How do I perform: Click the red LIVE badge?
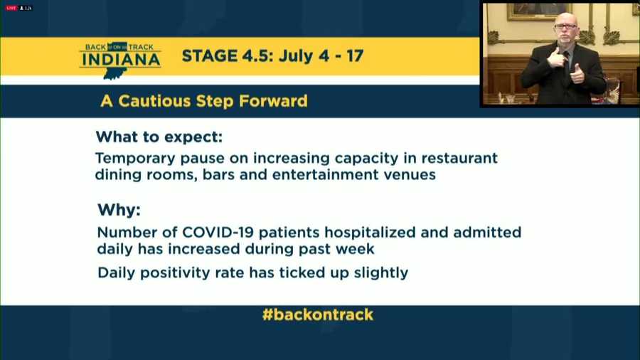tap(11, 8)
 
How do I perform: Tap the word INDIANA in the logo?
tap(121, 60)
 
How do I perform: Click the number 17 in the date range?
tap(355, 56)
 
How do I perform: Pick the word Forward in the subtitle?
tap(273, 101)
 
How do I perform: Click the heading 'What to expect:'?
tap(159, 137)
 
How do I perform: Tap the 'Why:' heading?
tap(119, 210)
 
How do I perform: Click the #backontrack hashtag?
tap(318, 314)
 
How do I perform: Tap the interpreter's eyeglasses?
tap(565, 26)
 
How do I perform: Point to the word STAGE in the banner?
tap(209, 56)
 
